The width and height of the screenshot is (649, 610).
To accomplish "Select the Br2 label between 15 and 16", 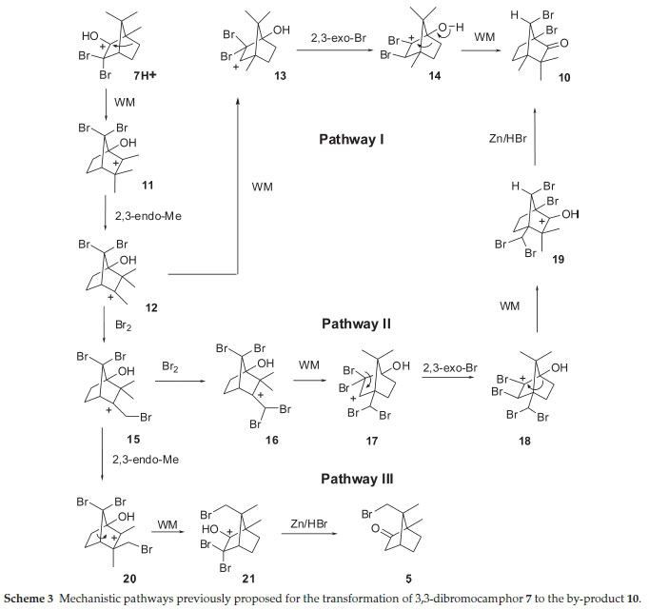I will [x=172, y=364].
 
